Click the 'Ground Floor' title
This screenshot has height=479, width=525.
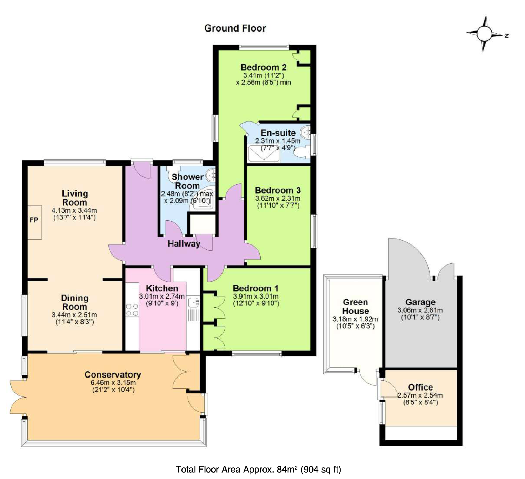tap(235, 28)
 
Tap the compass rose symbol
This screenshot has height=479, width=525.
tap(486, 34)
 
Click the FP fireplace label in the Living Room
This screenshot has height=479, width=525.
tap(34, 220)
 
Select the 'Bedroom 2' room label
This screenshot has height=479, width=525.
tap(263, 67)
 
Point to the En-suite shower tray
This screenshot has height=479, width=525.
tap(264, 154)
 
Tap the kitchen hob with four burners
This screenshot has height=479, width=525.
tap(132, 310)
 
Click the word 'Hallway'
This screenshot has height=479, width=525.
tap(184, 244)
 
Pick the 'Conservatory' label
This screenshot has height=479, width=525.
tap(113, 375)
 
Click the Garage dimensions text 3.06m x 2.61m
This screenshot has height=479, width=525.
tap(420, 310)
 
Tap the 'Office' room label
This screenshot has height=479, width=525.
tap(420, 387)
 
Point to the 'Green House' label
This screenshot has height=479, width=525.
tap(356, 307)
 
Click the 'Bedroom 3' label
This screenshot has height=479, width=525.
tap(278, 190)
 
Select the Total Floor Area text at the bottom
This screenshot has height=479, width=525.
tap(258, 469)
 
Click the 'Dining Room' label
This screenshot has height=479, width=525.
tap(75, 302)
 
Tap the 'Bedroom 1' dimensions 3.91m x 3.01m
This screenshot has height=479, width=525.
tap(256, 296)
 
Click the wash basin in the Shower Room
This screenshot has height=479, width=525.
tap(210, 175)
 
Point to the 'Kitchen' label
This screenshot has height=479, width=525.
tap(162, 288)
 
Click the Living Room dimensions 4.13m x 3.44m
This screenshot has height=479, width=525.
tap(75, 210)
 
